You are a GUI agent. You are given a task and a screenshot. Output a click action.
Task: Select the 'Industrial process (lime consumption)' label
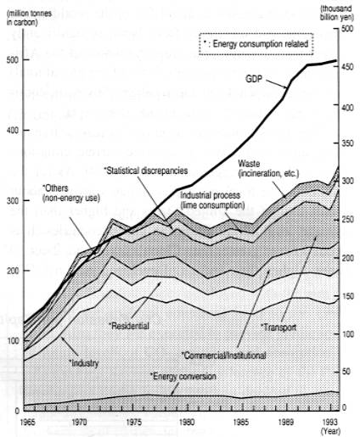211,200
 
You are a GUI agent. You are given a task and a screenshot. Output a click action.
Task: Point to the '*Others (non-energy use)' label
65,191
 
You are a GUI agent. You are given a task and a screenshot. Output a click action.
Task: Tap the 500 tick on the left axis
11,59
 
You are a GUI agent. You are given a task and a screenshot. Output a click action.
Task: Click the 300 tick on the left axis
11,200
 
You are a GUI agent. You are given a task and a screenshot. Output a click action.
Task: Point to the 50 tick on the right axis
345,373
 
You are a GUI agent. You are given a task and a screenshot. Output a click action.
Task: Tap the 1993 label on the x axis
332,420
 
